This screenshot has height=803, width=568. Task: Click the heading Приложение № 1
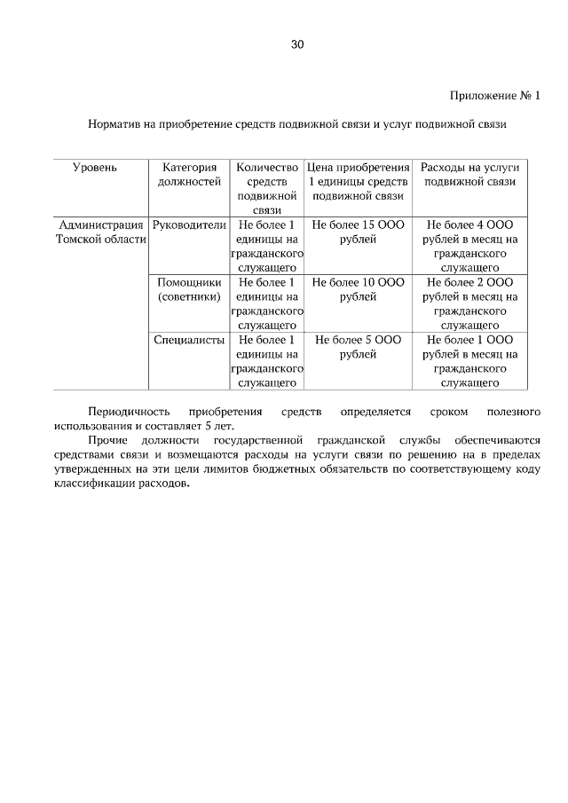click(494, 95)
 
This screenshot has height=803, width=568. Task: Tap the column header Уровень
click(95, 167)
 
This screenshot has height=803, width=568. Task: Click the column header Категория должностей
click(189, 174)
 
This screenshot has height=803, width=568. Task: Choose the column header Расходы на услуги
click(469, 174)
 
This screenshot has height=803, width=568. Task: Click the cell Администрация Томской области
click(100, 232)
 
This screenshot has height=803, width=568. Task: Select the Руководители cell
click(189, 225)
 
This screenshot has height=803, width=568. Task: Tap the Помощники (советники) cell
click(189, 290)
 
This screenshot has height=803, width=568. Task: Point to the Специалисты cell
click(189, 340)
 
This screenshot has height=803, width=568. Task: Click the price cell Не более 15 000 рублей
click(358, 232)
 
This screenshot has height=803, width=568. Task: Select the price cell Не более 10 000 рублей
click(358, 290)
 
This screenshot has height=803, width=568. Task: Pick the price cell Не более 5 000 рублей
click(358, 347)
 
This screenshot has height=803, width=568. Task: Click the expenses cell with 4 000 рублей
click(469, 246)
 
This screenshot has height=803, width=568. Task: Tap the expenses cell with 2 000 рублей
click(469, 303)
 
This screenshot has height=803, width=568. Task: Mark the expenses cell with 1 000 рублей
click(469, 361)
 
